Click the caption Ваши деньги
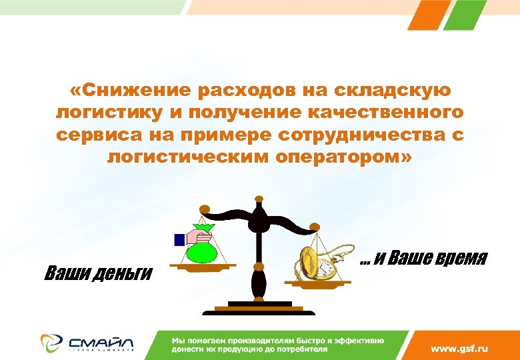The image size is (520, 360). click(98, 273)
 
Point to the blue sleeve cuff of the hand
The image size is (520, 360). click(179, 239)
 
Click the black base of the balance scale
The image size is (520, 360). click(259, 310)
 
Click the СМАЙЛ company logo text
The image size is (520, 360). click(100, 341)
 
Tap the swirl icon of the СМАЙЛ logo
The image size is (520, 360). click(51, 342)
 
